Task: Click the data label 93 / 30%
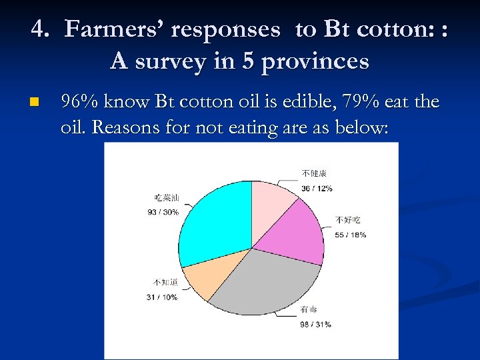163,212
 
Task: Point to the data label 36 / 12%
317,188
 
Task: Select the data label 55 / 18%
351,235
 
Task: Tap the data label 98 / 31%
315,324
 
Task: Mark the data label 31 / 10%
161,297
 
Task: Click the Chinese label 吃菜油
167,198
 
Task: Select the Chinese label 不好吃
347,220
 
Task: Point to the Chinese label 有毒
308,309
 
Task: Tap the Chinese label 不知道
165,283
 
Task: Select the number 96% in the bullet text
77,102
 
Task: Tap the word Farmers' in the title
117,29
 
